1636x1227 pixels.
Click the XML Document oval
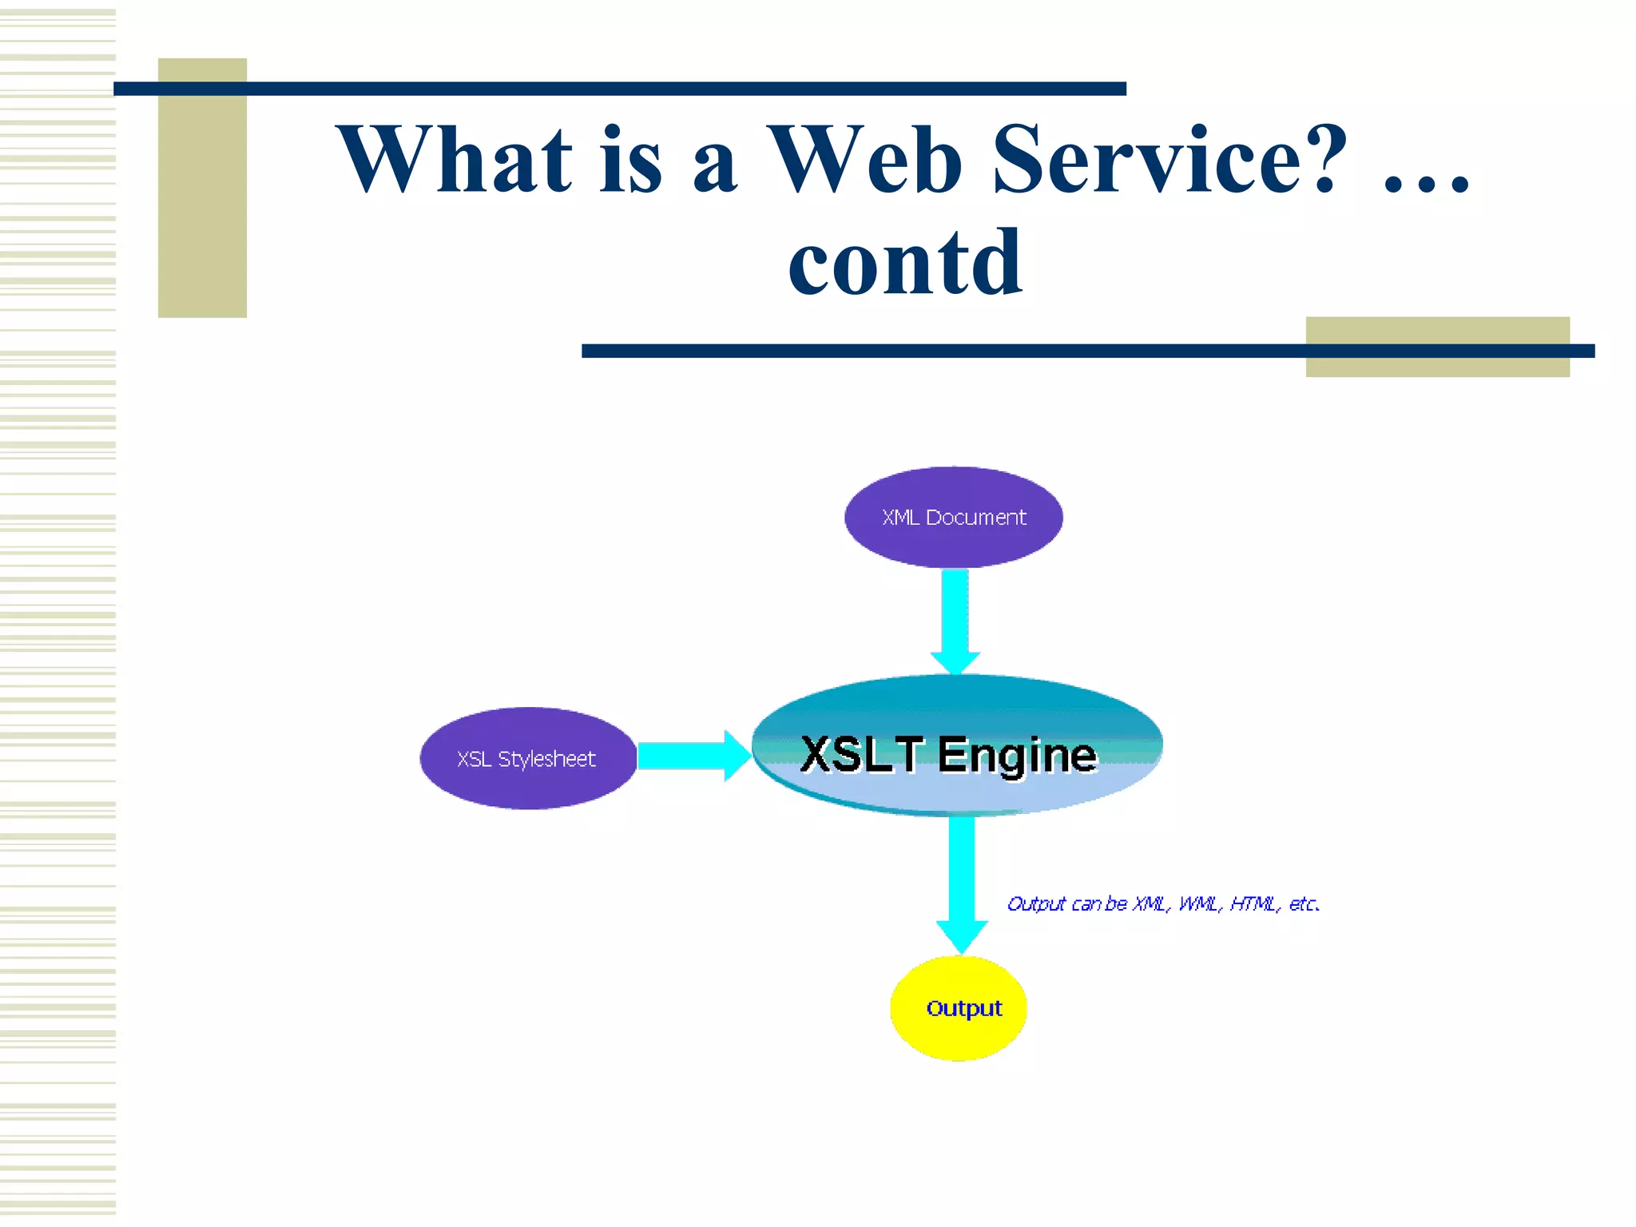tap(953, 517)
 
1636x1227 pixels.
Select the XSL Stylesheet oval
tap(527, 758)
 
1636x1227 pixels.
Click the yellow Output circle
tap(959, 1008)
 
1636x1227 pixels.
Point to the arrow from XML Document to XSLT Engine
tap(955, 619)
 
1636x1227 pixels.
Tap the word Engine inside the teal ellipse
tap(1017, 755)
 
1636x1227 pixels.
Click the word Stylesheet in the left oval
tap(546, 759)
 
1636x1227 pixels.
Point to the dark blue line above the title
tap(619, 89)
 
